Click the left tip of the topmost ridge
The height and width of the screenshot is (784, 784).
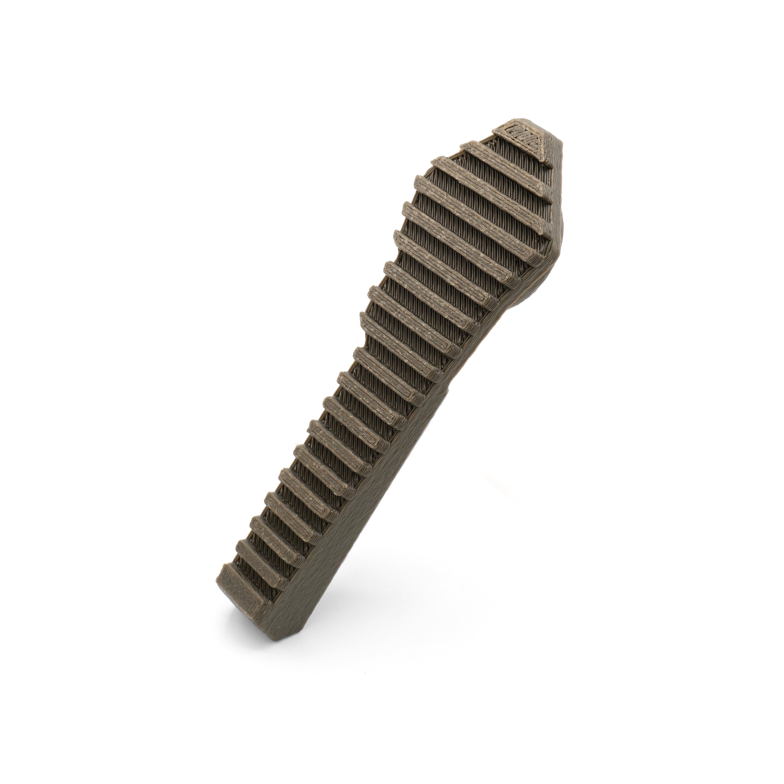tap(467, 146)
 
